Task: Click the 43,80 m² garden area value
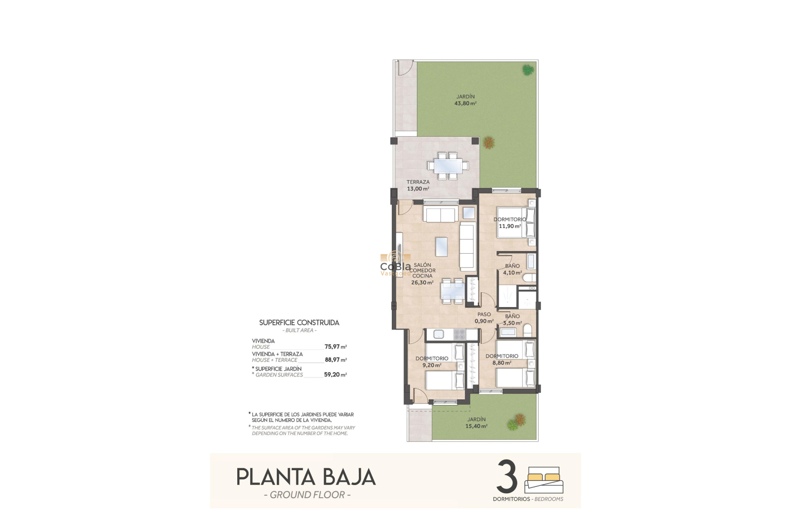pos(465,104)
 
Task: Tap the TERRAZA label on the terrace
pos(418,182)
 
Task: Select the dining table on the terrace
pos(447,166)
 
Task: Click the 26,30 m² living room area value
pos(422,283)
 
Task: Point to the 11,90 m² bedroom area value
pos(510,226)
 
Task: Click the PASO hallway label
pos(484,315)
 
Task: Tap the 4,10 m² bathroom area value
pos(512,273)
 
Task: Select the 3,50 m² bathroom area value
pos(512,323)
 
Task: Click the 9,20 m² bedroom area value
pos(432,365)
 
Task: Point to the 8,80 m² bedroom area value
pos(502,363)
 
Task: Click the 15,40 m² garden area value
pos(476,426)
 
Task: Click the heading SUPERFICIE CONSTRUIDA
pos(299,323)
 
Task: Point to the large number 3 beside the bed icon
pos(507,477)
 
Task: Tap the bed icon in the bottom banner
pos(544,480)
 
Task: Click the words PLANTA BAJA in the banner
pos(306,477)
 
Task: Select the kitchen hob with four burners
pos(459,334)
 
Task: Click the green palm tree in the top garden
pos(528,70)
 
